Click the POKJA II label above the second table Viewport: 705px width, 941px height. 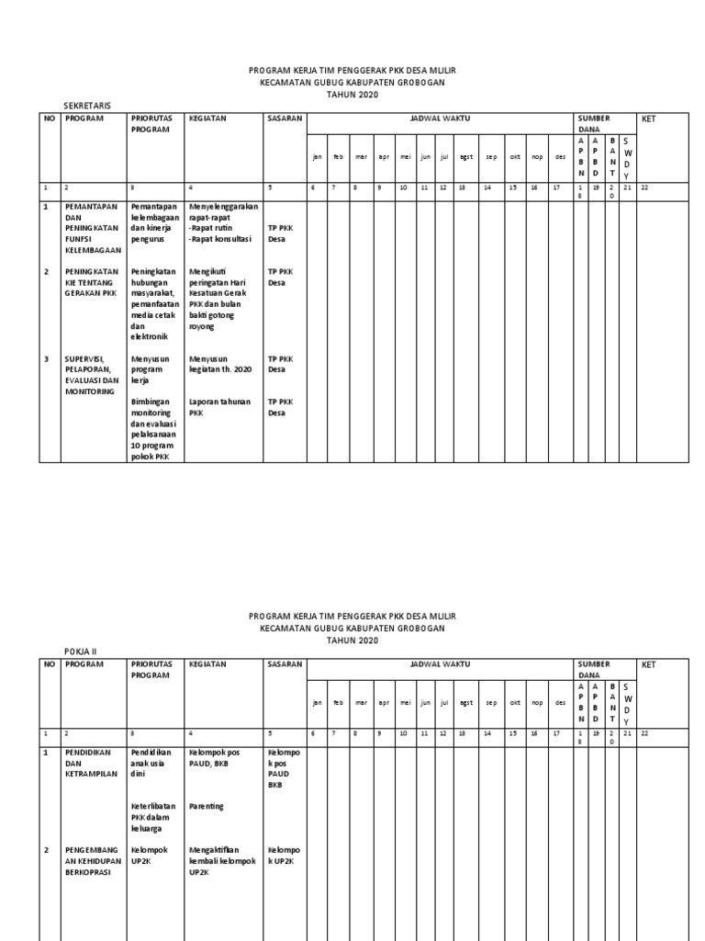click(77, 651)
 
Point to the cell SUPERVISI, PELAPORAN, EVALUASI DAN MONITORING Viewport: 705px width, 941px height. click(92, 374)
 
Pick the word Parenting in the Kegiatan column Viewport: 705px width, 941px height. click(207, 806)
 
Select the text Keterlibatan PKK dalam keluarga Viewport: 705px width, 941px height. click(152, 817)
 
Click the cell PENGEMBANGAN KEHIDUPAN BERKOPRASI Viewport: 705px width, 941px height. click(90, 861)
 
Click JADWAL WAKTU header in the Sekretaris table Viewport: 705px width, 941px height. click(439, 119)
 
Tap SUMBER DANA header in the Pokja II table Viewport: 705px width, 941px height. click(594, 668)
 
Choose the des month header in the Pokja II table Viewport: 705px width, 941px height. click(560, 703)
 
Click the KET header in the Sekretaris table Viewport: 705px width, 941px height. click(649, 119)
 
